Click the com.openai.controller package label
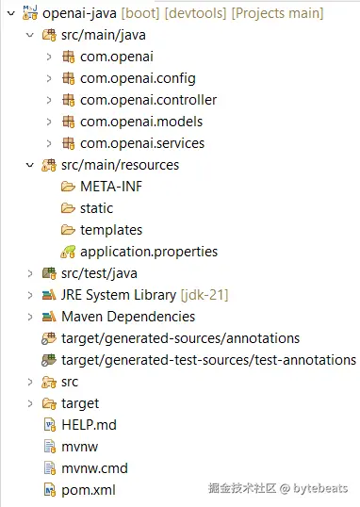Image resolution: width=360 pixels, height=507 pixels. point(149,100)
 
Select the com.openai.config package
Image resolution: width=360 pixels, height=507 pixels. point(138,78)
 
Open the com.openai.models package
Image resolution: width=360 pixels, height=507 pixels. point(141,122)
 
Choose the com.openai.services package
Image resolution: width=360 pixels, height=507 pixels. point(142,143)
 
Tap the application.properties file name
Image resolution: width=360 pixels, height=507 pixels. point(149,252)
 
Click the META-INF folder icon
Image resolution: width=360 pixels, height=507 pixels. point(68,187)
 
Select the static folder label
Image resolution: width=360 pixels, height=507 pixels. point(97,208)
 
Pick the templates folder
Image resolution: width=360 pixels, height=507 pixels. point(111,230)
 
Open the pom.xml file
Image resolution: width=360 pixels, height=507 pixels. point(89,491)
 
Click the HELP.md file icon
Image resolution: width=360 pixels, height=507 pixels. point(50,425)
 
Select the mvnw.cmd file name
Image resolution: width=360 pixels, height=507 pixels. point(95,468)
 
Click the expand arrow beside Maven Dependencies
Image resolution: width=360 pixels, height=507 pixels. point(30,317)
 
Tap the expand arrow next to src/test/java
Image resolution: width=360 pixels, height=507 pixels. point(30,273)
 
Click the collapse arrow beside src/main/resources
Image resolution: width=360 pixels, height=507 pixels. point(30,165)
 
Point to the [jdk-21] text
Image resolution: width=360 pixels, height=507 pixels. point(205,295)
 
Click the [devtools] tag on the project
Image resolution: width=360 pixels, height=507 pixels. point(195,13)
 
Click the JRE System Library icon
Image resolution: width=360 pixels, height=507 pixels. point(49,295)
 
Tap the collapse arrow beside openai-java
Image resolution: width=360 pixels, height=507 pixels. point(11,13)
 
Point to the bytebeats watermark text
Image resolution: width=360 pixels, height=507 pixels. point(320,488)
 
